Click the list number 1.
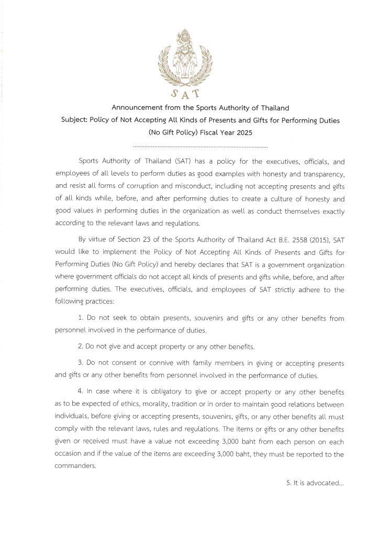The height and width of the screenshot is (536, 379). (80, 318)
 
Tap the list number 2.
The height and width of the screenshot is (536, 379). (80, 346)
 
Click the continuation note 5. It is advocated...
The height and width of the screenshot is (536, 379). (315, 483)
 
